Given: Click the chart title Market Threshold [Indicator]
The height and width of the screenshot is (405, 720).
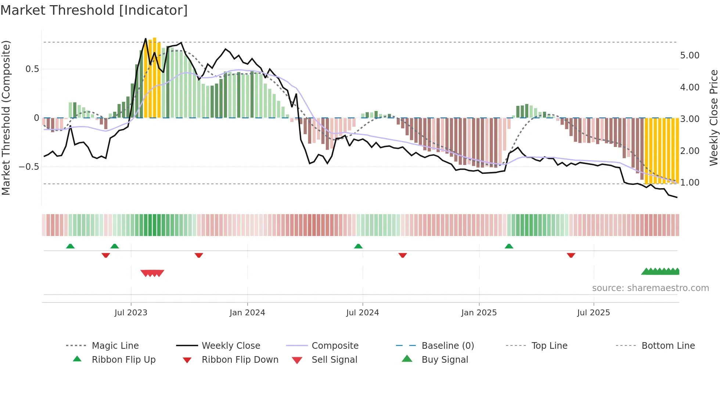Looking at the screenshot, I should pyautogui.click(x=94, y=10).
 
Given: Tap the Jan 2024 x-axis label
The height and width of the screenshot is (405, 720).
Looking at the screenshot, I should pyautogui.click(x=247, y=313).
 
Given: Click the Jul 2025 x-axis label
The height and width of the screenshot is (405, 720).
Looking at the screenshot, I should pyautogui.click(x=593, y=313).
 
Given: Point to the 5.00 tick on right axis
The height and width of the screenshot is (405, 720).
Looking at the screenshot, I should pyautogui.click(x=690, y=55).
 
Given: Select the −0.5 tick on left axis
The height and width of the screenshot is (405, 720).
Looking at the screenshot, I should pyautogui.click(x=29, y=167).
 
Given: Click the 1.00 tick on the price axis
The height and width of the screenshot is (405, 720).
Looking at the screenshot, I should pyautogui.click(x=690, y=183).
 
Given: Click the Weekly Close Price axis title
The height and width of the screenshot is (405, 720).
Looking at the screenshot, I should pyautogui.click(x=713, y=118).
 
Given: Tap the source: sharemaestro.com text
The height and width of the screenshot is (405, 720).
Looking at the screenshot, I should pyautogui.click(x=650, y=288).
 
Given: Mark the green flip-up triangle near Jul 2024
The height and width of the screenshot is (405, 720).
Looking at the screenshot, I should pyautogui.click(x=358, y=246).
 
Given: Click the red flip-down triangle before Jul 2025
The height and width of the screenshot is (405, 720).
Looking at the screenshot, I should pyautogui.click(x=571, y=255).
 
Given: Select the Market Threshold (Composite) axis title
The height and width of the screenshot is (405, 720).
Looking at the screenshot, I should pyautogui.click(x=6, y=118).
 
